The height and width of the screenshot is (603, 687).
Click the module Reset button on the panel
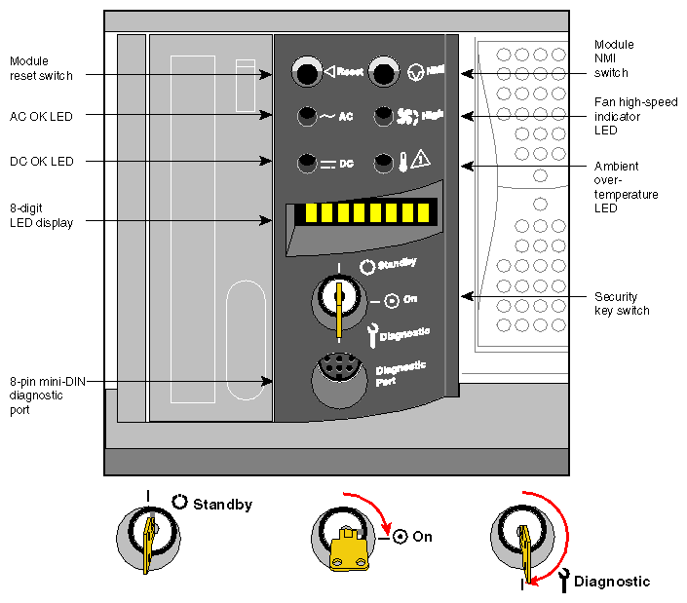tap(307, 72)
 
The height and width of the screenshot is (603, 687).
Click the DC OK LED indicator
tap(308, 163)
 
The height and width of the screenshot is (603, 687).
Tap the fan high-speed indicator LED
tap(384, 115)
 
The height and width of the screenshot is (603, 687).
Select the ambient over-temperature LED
tap(385, 162)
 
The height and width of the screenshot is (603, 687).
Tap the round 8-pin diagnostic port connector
tap(337, 376)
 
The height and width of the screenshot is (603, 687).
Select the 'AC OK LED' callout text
tap(41, 116)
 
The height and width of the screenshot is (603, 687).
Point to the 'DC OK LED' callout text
tap(41, 162)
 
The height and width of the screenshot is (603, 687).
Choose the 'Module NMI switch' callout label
tap(614, 58)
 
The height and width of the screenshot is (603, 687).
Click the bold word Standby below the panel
tap(222, 505)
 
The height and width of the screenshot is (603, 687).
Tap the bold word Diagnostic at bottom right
tap(611, 582)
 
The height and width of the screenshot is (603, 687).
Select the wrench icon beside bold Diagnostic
tap(563, 581)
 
